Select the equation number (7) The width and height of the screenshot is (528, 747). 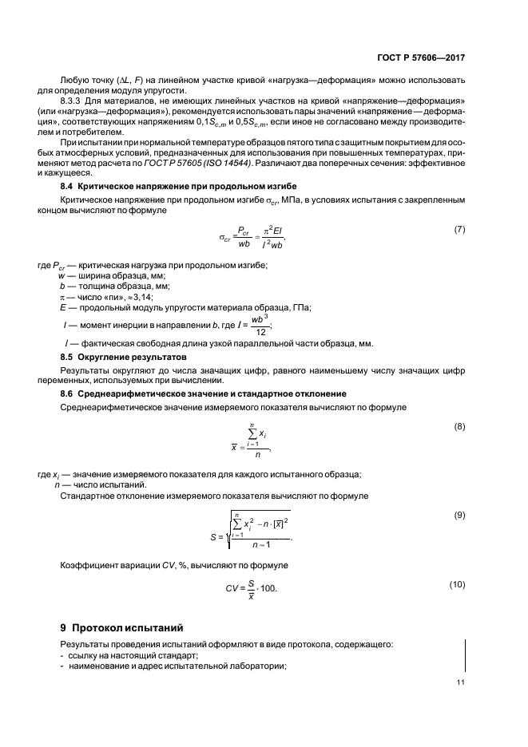[459, 229]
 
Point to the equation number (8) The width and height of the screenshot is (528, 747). [459, 426]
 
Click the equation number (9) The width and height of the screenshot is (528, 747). [459, 515]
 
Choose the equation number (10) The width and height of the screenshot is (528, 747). [458, 584]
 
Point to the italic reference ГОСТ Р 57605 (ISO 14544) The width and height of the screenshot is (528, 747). [201, 163]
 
